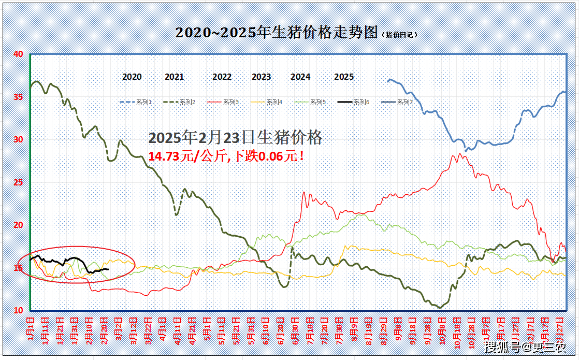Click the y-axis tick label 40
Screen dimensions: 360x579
[18, 54]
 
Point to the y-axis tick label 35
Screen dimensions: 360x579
[18, 97]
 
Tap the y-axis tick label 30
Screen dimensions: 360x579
[18, 139]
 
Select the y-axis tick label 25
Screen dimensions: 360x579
[18, 182]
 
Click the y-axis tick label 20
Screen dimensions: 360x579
[18, 225]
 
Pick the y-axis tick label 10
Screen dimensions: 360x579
[18, 310]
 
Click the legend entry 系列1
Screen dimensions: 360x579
[144, 103]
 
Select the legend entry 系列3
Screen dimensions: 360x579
[231, 103]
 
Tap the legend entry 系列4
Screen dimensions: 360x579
[274, 103]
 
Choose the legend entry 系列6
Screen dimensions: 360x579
[361, 103]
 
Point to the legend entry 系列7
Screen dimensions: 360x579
[405, 103]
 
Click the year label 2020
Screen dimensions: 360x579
[132, 77]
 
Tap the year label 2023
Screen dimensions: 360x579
[262, 77]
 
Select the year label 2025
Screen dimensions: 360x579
[344, 77]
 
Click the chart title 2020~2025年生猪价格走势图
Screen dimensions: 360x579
[277, 33]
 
